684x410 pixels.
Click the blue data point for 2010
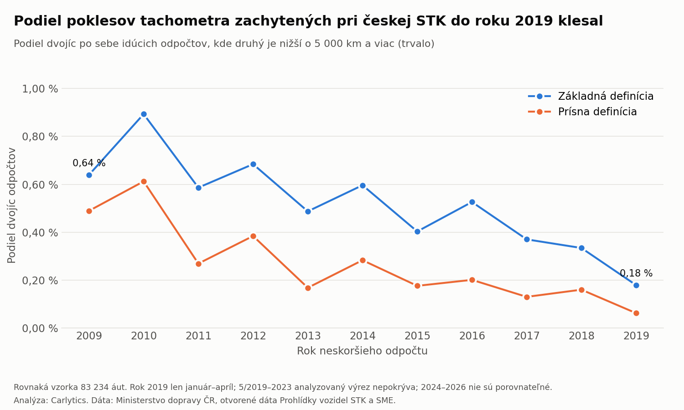click(144, 114)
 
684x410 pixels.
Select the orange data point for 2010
click(144, 181)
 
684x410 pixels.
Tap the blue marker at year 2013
click(308, 211)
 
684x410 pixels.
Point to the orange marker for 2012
click(253, 236)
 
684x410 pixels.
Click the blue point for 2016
click(472, 202)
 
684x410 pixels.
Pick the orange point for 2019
click(636, 313)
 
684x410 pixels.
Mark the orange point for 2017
click(527, 297)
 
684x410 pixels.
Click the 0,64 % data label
click(89, 163)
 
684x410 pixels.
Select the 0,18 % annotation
click(636, 273)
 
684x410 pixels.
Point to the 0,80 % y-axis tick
click(40, 137)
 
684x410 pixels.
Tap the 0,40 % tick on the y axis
click(40, 233)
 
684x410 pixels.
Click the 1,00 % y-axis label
click(40, 89)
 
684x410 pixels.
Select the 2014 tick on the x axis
click(363, 336)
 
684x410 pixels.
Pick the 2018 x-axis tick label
click(581, 336)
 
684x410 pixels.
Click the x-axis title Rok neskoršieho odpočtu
click(362, 351)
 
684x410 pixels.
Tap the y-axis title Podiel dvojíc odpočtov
click(11, 205)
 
